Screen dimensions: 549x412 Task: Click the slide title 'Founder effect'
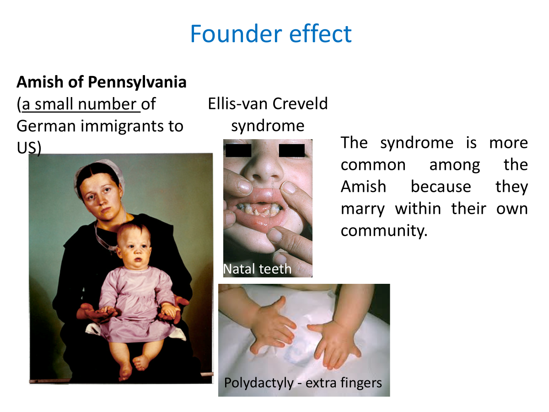tap(271, 34)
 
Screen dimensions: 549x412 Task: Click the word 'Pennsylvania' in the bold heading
tap(137, 82)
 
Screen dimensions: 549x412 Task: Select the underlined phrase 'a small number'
tap(79, 104)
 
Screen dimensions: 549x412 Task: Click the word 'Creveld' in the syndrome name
tap(300, 103)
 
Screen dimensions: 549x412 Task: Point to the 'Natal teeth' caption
tap(258, 269)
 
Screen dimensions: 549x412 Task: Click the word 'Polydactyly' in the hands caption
tap(259, 383)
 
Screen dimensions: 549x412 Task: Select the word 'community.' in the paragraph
tap(384, 231)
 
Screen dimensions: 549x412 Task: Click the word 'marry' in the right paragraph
tap(363, 209)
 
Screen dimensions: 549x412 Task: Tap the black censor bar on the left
tap(238, 151)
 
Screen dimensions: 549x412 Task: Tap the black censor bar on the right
tap(291, 151)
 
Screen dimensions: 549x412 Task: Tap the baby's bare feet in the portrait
tap(133, 367)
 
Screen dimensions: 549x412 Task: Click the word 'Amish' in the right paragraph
tap(363, 187)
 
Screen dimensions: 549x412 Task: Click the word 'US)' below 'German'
tap(29, 148)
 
